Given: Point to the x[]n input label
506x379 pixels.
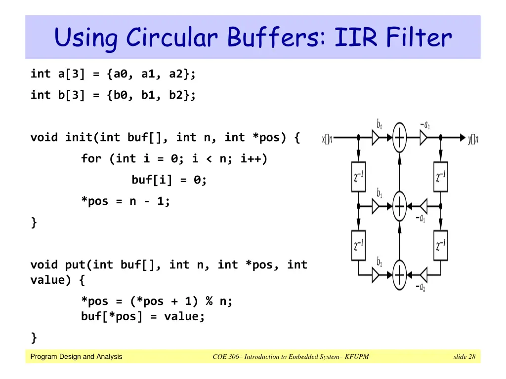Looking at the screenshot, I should (328, 139).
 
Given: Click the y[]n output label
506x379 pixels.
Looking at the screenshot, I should (473, 139).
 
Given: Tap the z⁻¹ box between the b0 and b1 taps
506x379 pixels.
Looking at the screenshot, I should (358, 177).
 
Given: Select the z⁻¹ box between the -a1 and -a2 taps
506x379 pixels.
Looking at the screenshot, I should (441, 245).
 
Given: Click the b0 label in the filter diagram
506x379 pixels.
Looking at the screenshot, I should (379, 124).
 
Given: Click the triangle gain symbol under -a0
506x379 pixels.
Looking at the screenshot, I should (424, 139).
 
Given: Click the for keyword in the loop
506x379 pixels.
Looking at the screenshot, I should (91, 159).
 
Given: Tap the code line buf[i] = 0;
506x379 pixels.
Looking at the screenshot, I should (169, 180).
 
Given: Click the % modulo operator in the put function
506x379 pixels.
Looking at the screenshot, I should (209, 301).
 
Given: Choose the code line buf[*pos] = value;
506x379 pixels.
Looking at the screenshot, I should (143, 317).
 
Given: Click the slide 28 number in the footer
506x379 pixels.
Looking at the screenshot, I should (464, 357).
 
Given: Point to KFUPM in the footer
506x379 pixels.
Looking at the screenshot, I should (357, 357).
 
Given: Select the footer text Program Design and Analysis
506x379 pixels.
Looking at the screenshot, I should (76, 357).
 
